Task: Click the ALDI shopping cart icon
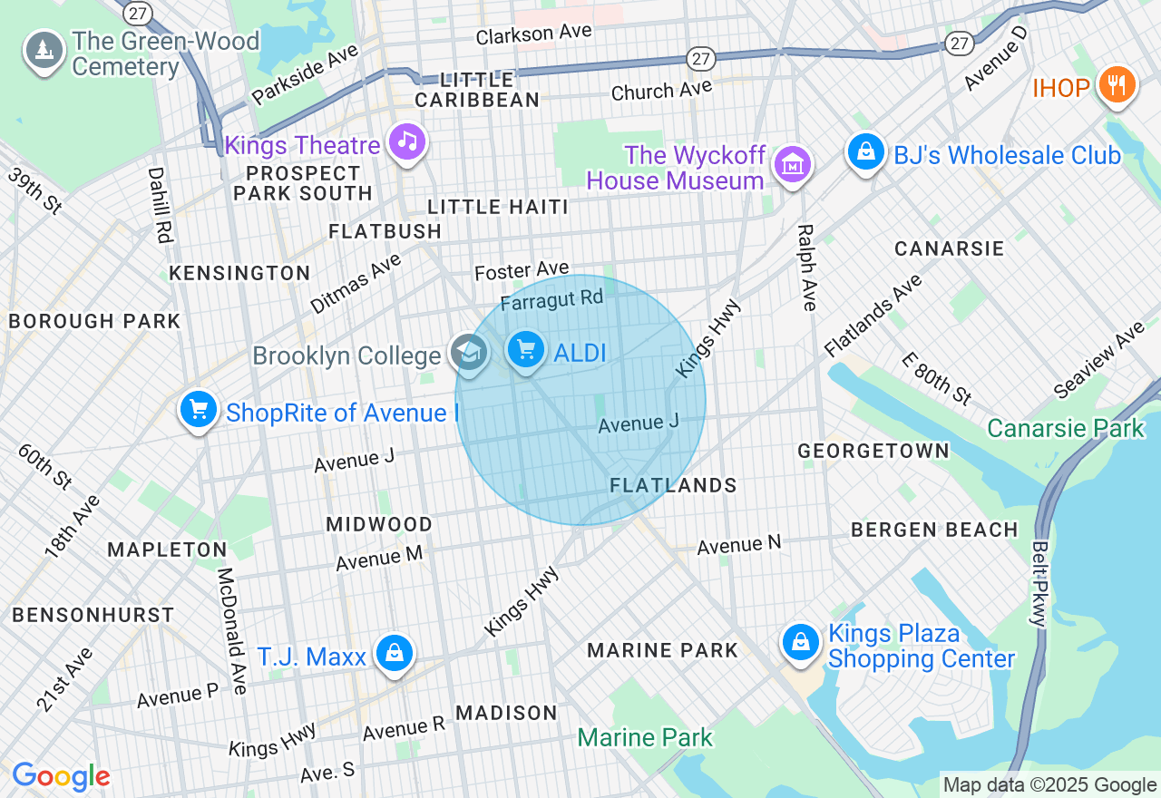click(x=526, y=351)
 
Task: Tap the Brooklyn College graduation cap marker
click(x=469, y=353)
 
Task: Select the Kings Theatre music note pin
click(x=407, y=142)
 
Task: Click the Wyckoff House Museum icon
click(x=792, y=165)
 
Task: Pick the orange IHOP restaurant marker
click(x=1117, y=85)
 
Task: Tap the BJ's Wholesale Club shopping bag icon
click(x=866, y=152)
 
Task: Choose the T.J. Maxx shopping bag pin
click(x=395, y=653)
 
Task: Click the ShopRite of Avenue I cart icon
click(x=199, y=410)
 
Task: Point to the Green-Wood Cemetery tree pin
click(x=44, y=51)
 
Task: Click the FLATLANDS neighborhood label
click(x=673, y=486)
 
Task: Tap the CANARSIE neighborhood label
click(x=949, y=248)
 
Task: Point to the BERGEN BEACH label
click(x=934, y=530)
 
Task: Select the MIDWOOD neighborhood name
click(x=379, y=524)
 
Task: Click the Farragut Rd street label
click(x=551, y=299)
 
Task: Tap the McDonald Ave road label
click(x=232, y=631)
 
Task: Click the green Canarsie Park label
click(x=1066, y=428)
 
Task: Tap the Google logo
click(x=61, y=776)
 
